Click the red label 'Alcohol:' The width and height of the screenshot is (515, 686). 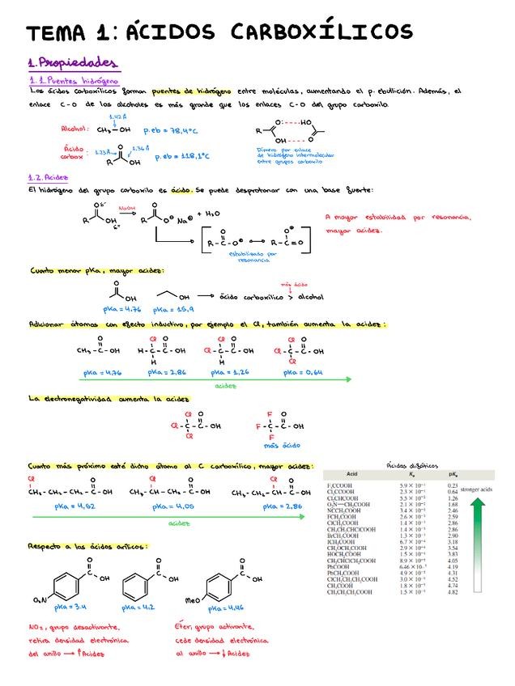click(x=75, y=128)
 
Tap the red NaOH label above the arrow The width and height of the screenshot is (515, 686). click(x=126, y=208)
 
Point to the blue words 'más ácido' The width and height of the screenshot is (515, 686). click(x=282, y=446)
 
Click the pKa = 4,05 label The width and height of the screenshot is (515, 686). click(x=173, y=506)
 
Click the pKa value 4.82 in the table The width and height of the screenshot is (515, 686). click(x=453, y=592)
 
